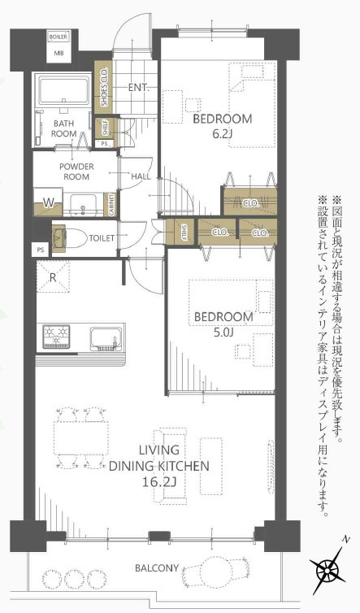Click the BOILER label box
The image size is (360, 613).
tap(58, 37)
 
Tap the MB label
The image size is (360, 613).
tap(58, 54)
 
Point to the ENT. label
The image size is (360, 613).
tap(137, 88)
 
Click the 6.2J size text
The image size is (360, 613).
tap(222, 134)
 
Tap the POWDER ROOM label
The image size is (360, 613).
tap(76, 172)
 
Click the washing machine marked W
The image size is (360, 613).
tap(49, 202)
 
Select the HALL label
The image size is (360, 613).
tap(140, 176)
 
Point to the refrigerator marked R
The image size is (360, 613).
tap(53, 277)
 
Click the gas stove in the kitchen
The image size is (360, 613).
tap(59, 335)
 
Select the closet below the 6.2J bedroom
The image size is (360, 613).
tap(250, 202)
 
